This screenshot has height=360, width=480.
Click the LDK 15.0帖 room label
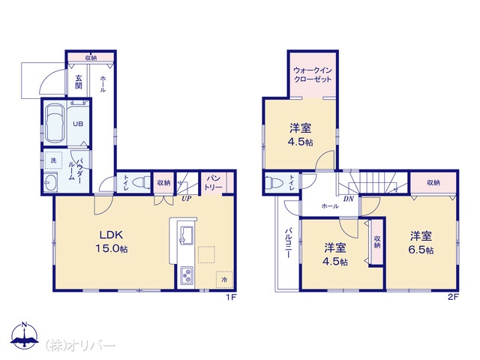point(112,241)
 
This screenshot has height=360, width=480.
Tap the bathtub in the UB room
point(55,124)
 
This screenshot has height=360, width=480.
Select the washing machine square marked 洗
point(53,160)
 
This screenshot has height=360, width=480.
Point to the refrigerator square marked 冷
point(225,280)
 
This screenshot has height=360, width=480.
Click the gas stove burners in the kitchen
point(187,275)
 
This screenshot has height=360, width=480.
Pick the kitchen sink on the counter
point(186,235)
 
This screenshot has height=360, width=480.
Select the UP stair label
point(187,198)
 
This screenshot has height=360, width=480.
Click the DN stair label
point(348,199)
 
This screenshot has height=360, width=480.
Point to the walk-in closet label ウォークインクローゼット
point(313,75)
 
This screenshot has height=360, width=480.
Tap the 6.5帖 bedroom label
point(421,243)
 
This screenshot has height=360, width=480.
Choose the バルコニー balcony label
point(288,243)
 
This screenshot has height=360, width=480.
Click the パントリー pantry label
point(214,183)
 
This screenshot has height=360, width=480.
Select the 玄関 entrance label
point(79,82)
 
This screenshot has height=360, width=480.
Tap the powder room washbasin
point(50,182)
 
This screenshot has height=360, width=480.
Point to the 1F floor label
point(230,297)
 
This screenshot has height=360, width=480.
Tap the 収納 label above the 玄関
point(91,58)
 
